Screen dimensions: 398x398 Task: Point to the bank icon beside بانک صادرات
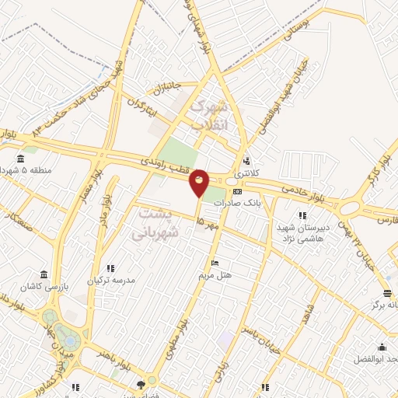pos(237,191)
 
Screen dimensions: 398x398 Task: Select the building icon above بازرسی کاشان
pos(44,275)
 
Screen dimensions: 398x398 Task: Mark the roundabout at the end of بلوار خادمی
pos(348,208)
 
